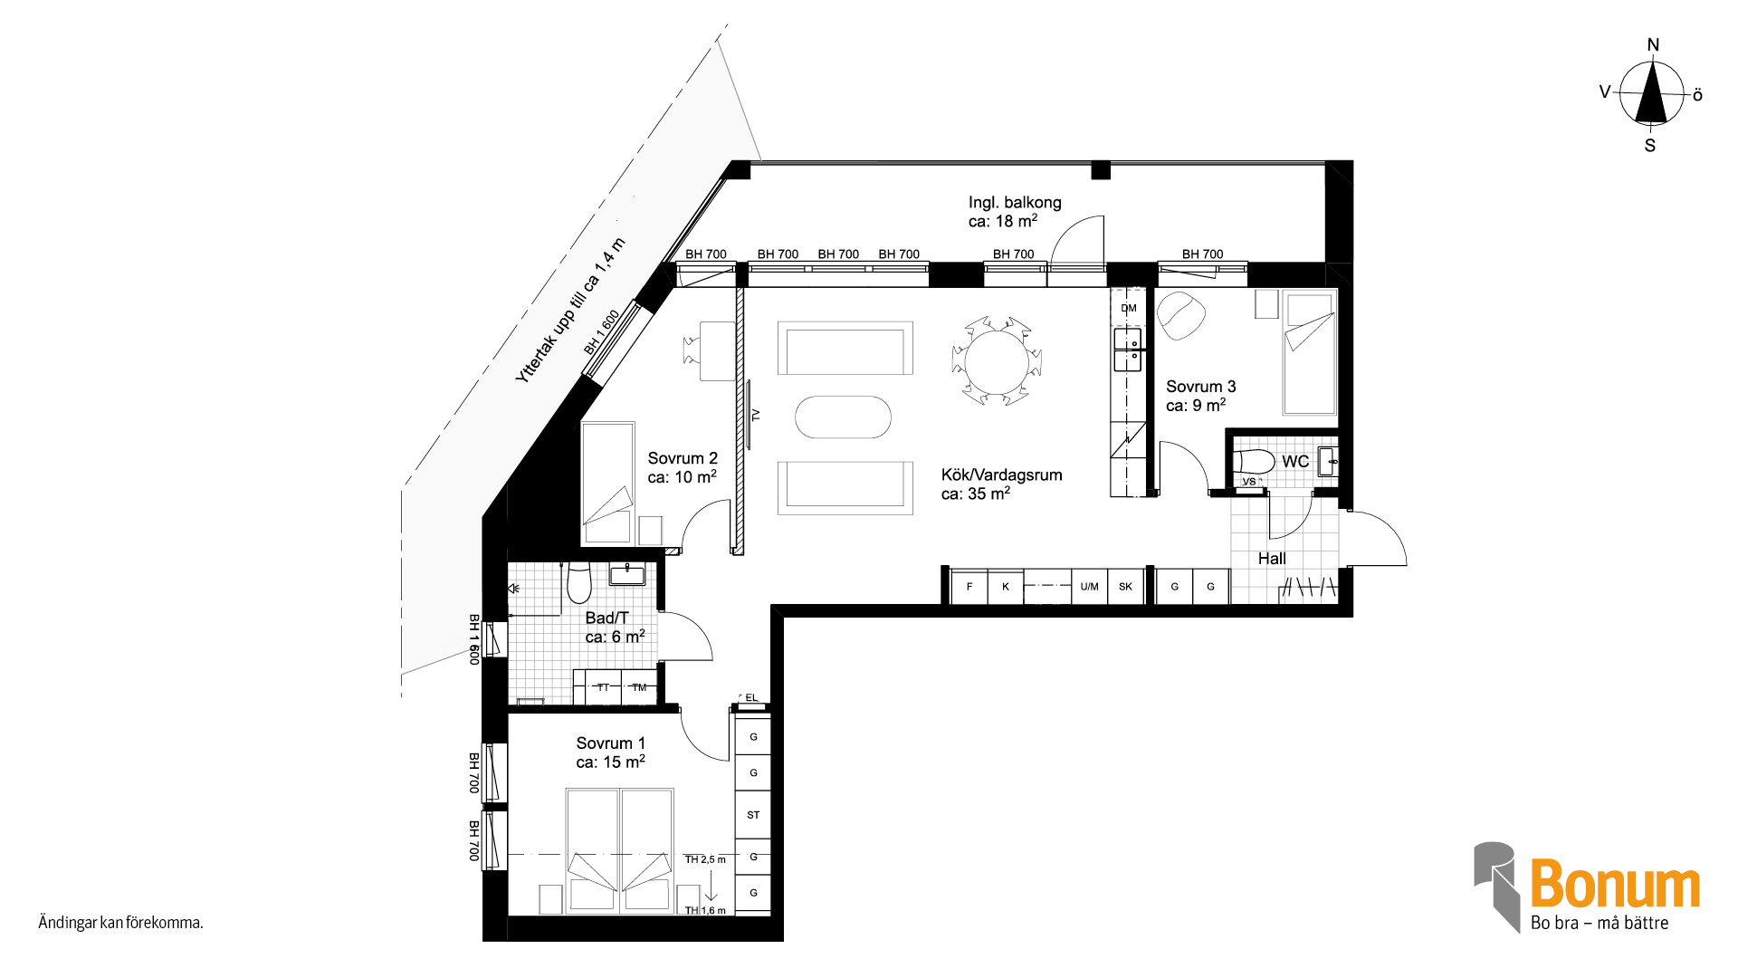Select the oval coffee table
point(843,417)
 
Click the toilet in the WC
point(1255,461)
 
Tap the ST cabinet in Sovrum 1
point(753,815)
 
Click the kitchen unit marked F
point(969,587)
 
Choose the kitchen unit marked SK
point(1125,587)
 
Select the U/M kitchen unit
point(1089,587)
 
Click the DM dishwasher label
point(1129,308)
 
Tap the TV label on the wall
point(756,416)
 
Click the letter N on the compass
point(1653,45)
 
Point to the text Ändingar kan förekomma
point(120,923)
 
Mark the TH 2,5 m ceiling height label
point(705,859)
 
